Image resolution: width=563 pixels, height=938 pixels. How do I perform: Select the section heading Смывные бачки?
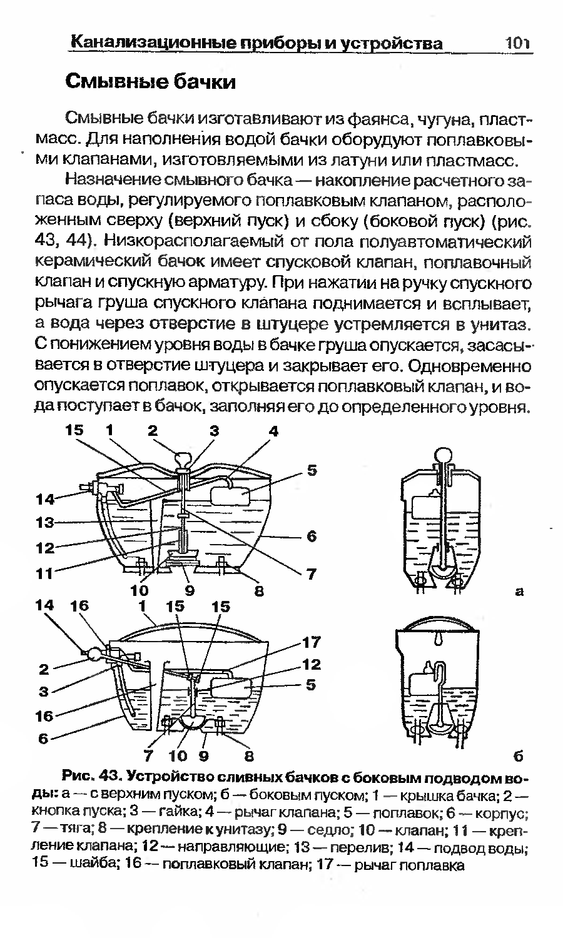(x=151, y=81)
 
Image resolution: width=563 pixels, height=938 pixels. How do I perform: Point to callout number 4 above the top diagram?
(x=273, y=431)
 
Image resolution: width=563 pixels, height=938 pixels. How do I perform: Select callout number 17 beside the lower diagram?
(x=312, y=642)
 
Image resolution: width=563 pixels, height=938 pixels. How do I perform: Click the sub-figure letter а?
(x=519, y=590)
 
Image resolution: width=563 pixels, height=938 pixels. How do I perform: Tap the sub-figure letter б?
(x=519, y=755)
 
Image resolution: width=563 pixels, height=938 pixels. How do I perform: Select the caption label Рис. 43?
(x=91, y=777)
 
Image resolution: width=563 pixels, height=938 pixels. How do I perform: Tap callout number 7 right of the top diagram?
(x=311, y=573)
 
